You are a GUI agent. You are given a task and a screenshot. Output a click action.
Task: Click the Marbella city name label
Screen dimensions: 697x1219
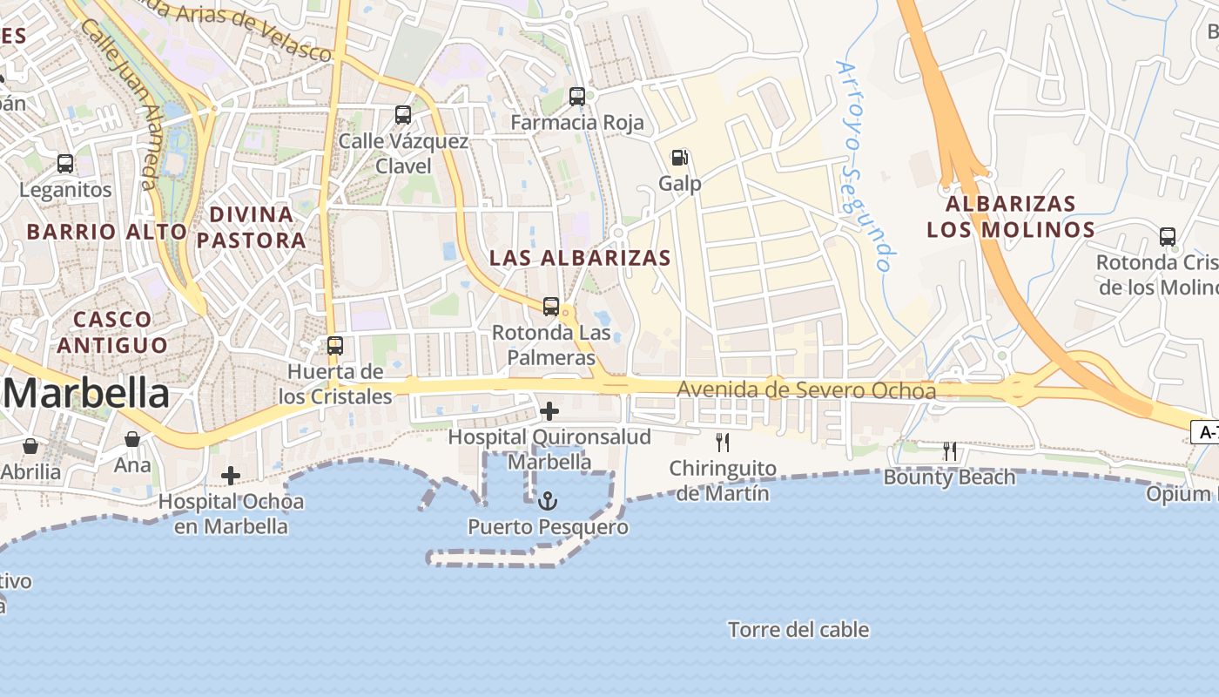[87, 394]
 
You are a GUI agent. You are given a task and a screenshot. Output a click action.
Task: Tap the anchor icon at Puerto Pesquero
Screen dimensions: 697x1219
[548, 501]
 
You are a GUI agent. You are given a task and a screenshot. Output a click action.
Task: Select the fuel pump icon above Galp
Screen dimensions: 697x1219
[680, 158]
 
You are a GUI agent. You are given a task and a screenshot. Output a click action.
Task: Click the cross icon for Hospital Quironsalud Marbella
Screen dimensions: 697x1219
[549, 411]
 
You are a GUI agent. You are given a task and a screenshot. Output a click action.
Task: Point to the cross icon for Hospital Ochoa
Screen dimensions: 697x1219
[231, 476]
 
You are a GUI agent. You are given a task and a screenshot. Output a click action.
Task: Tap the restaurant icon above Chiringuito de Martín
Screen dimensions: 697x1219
[722, 443]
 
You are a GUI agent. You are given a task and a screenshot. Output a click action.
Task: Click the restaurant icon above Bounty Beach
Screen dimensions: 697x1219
[950, 451]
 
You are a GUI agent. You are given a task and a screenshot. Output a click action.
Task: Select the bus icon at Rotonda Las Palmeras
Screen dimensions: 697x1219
[550, 307]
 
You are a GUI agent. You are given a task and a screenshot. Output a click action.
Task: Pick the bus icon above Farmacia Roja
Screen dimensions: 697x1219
[577, 97]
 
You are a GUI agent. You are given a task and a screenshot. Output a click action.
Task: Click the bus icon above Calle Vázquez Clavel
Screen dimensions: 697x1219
[403, 114]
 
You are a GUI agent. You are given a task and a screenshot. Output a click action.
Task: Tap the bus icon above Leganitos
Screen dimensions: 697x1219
[65, 163]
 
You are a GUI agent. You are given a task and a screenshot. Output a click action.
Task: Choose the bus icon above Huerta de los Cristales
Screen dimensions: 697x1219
[335, 345]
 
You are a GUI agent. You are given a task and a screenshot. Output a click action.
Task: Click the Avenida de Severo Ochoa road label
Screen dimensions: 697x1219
[806, 390]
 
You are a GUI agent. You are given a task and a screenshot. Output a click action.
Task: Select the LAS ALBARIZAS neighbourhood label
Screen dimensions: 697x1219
[580, 258]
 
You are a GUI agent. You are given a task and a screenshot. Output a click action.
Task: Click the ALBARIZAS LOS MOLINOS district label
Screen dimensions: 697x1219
[1010, 217]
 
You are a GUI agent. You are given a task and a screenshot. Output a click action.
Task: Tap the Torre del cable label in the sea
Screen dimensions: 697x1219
[798, 630]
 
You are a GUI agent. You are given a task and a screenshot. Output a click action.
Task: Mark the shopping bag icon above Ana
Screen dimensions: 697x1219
[132, 439]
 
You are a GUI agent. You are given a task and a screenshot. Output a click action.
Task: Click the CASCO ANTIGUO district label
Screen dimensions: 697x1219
[112, 332]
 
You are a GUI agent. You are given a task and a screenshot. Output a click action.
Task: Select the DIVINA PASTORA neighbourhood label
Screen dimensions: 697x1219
[251, 227]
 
